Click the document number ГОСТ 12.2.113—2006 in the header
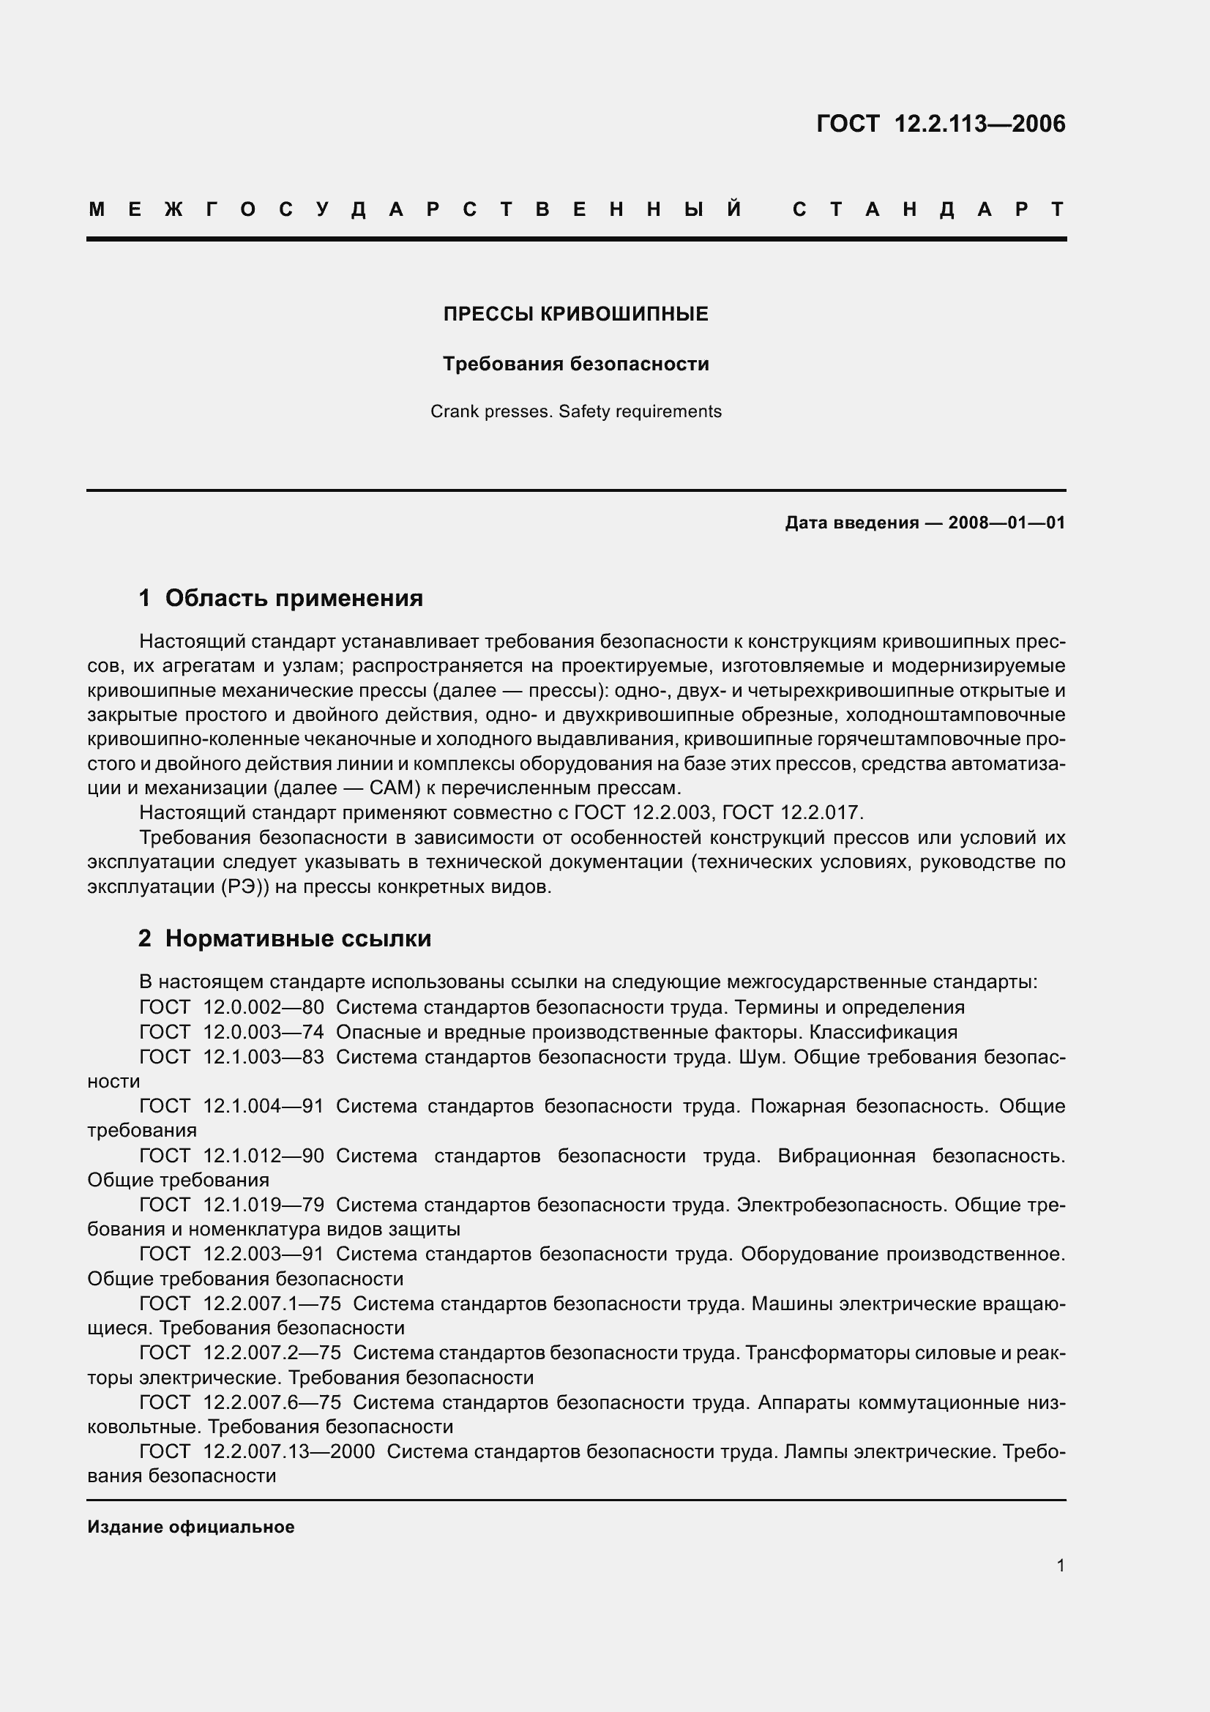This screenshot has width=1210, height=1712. [x=941, y=124]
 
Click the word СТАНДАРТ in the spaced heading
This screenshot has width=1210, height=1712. [x=928, y=209]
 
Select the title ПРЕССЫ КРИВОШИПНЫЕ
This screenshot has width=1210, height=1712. [x=575, y=315]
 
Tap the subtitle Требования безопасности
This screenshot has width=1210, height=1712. [x=575, y=364]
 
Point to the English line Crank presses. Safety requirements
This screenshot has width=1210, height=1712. [x=575, y=411]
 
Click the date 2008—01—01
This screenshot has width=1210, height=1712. [x=1007, y=523]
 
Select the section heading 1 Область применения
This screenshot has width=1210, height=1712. [x=280, y=598]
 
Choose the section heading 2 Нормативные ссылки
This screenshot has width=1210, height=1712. [x=284, y=939]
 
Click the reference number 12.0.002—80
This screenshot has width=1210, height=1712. [x=264, y=1007]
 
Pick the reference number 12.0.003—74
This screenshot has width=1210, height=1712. [x=264, y=1032]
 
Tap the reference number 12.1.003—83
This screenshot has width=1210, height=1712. [x=264, y=1057]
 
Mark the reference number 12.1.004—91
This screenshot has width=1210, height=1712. [x=264, y=1106]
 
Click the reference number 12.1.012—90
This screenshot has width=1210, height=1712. [x=264, y=1156]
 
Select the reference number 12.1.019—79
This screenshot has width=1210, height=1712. [x=264, y=1205]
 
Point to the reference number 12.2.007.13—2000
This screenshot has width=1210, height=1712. [x=289, y=1451]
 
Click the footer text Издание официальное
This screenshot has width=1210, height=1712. [x=191, y=1527]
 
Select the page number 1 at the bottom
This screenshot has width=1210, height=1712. [x=1061, y=1566]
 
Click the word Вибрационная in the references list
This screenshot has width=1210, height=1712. [x=846, y=1156]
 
